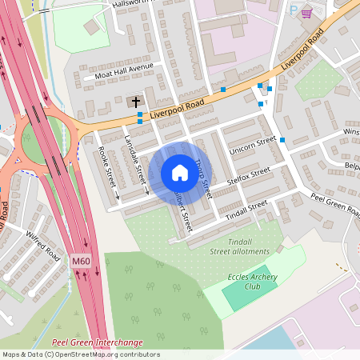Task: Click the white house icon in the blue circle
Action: point(180,172)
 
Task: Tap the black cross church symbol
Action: point(136,102)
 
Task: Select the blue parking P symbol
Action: point(294,11)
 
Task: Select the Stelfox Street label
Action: point(250,175)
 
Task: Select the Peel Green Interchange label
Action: point(97,342)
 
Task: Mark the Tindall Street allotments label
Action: point(240,246)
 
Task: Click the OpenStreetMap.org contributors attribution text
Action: point(105,354)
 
